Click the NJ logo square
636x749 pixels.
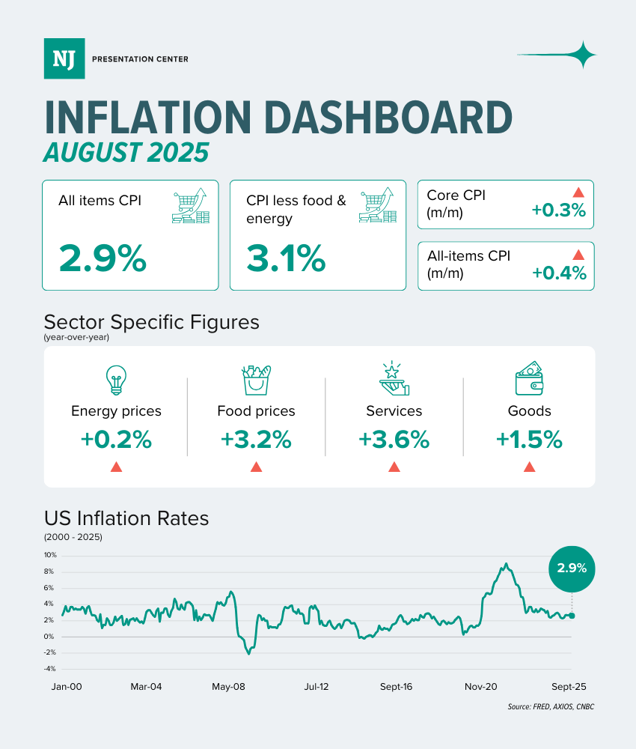point(64,58)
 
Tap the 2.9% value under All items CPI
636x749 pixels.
point(103,258)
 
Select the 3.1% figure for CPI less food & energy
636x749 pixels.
point(287,258)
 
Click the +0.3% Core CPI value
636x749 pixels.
point(558,210)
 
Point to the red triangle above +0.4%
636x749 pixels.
point(578,255)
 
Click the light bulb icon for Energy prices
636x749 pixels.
point(116,380)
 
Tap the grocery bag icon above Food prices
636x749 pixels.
point(256,380)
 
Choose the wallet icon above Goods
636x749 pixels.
point(529,379)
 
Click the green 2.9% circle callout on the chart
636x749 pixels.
point(572,568)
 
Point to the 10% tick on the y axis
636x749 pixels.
point(50,556)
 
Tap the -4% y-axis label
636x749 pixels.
point(50,669)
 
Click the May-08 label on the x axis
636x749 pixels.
point(229,686)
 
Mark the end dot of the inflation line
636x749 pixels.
point(572,616)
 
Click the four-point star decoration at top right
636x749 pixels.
point(581,55)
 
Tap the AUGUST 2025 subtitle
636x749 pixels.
point(126,152)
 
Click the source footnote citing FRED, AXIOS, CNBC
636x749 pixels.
point(550,707)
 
